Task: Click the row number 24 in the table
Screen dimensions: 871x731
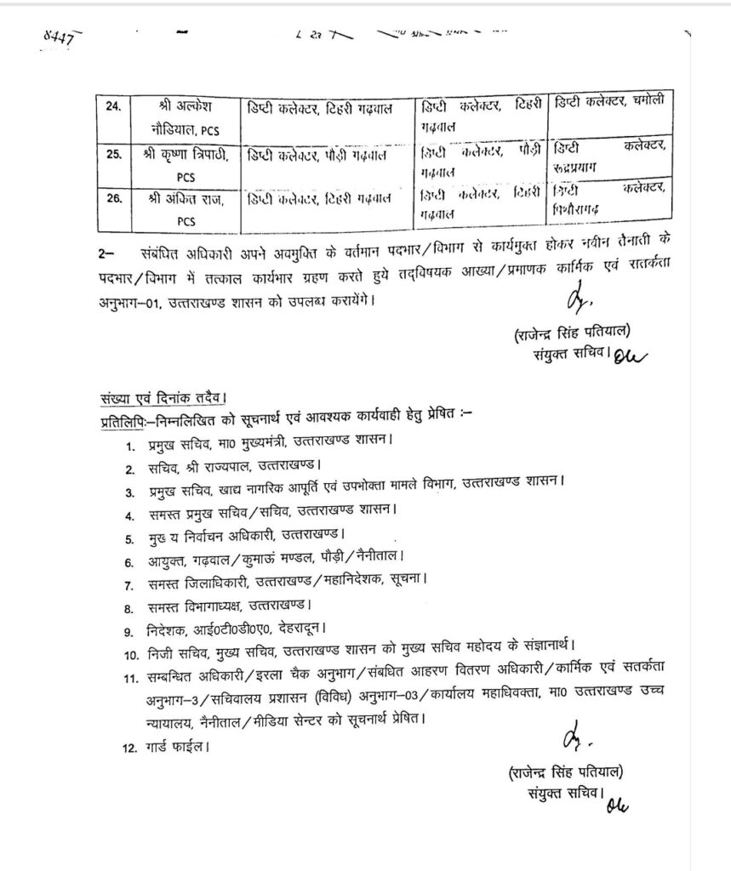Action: [x=112, y=107]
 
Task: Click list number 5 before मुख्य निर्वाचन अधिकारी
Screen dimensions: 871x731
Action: [x=129, y=538]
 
